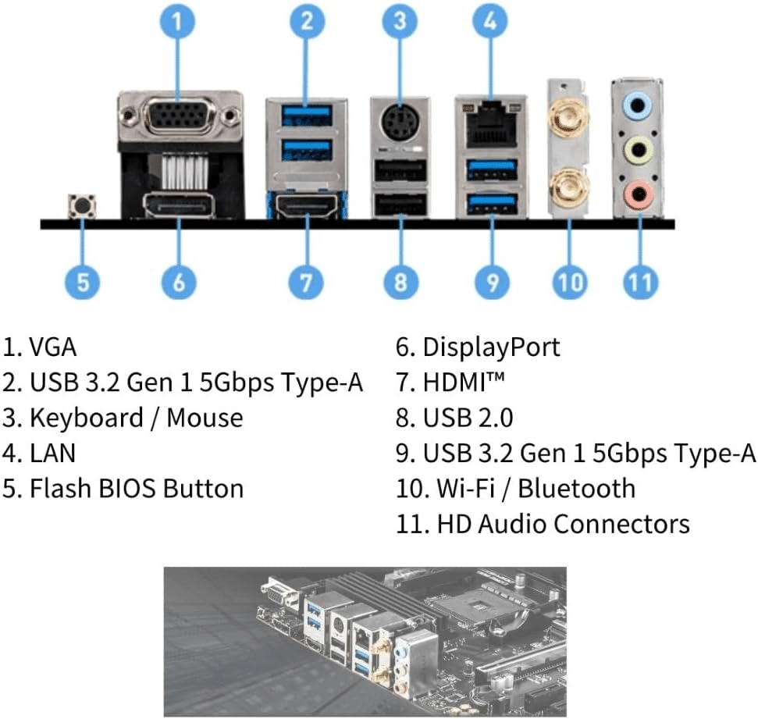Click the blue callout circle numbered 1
180,22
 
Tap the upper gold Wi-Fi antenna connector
568,119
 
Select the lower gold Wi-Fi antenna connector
568,187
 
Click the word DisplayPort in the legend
491,347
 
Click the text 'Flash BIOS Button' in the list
137,489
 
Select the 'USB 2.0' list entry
468,418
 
